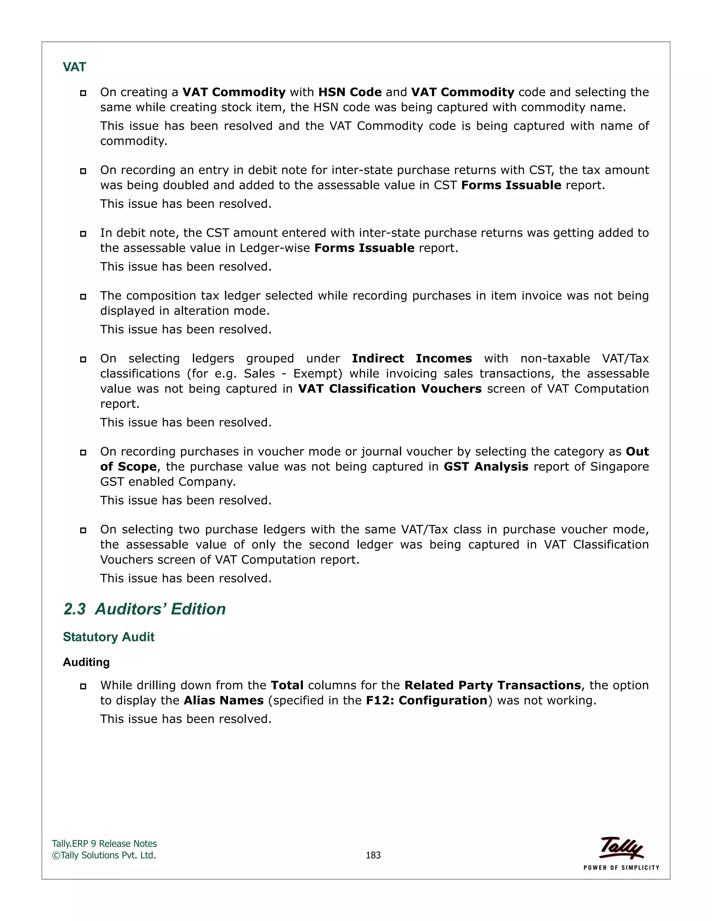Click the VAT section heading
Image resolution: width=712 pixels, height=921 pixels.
[x=74, y=67]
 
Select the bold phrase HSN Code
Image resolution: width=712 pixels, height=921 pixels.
[x=350, y=92]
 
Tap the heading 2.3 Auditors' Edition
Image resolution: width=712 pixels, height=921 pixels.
[x=144, y=609]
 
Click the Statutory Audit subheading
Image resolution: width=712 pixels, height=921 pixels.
[x=108, y=637]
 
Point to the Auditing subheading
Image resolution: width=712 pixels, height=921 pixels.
[x=86, y=662]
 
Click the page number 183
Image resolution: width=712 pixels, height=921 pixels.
[x=373, y=855]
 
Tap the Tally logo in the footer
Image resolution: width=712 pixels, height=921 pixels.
[x=621, y=848]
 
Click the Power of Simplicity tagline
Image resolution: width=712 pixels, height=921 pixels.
[x=621, y=868]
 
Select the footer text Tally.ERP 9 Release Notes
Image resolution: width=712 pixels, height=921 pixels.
[x=104, y=843]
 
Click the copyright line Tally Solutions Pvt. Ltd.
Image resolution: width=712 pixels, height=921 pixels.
[x=104, y=855]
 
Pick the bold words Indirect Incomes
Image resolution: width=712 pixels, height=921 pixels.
[x=412, y=358]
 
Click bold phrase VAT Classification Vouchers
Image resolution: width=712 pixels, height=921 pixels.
[x=389, y=389]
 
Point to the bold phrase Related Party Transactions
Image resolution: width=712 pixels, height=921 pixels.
[x=492, y=685]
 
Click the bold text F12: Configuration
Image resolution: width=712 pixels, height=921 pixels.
[x=427, y=700]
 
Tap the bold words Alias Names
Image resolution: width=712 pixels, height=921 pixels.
[x=224, y=700]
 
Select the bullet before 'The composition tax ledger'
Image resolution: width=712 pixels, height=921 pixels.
[x=83, y=297]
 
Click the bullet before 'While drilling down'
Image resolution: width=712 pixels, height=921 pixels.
[x=83, y=686]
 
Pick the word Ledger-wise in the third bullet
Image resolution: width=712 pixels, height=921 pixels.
[x=275, y=248]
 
